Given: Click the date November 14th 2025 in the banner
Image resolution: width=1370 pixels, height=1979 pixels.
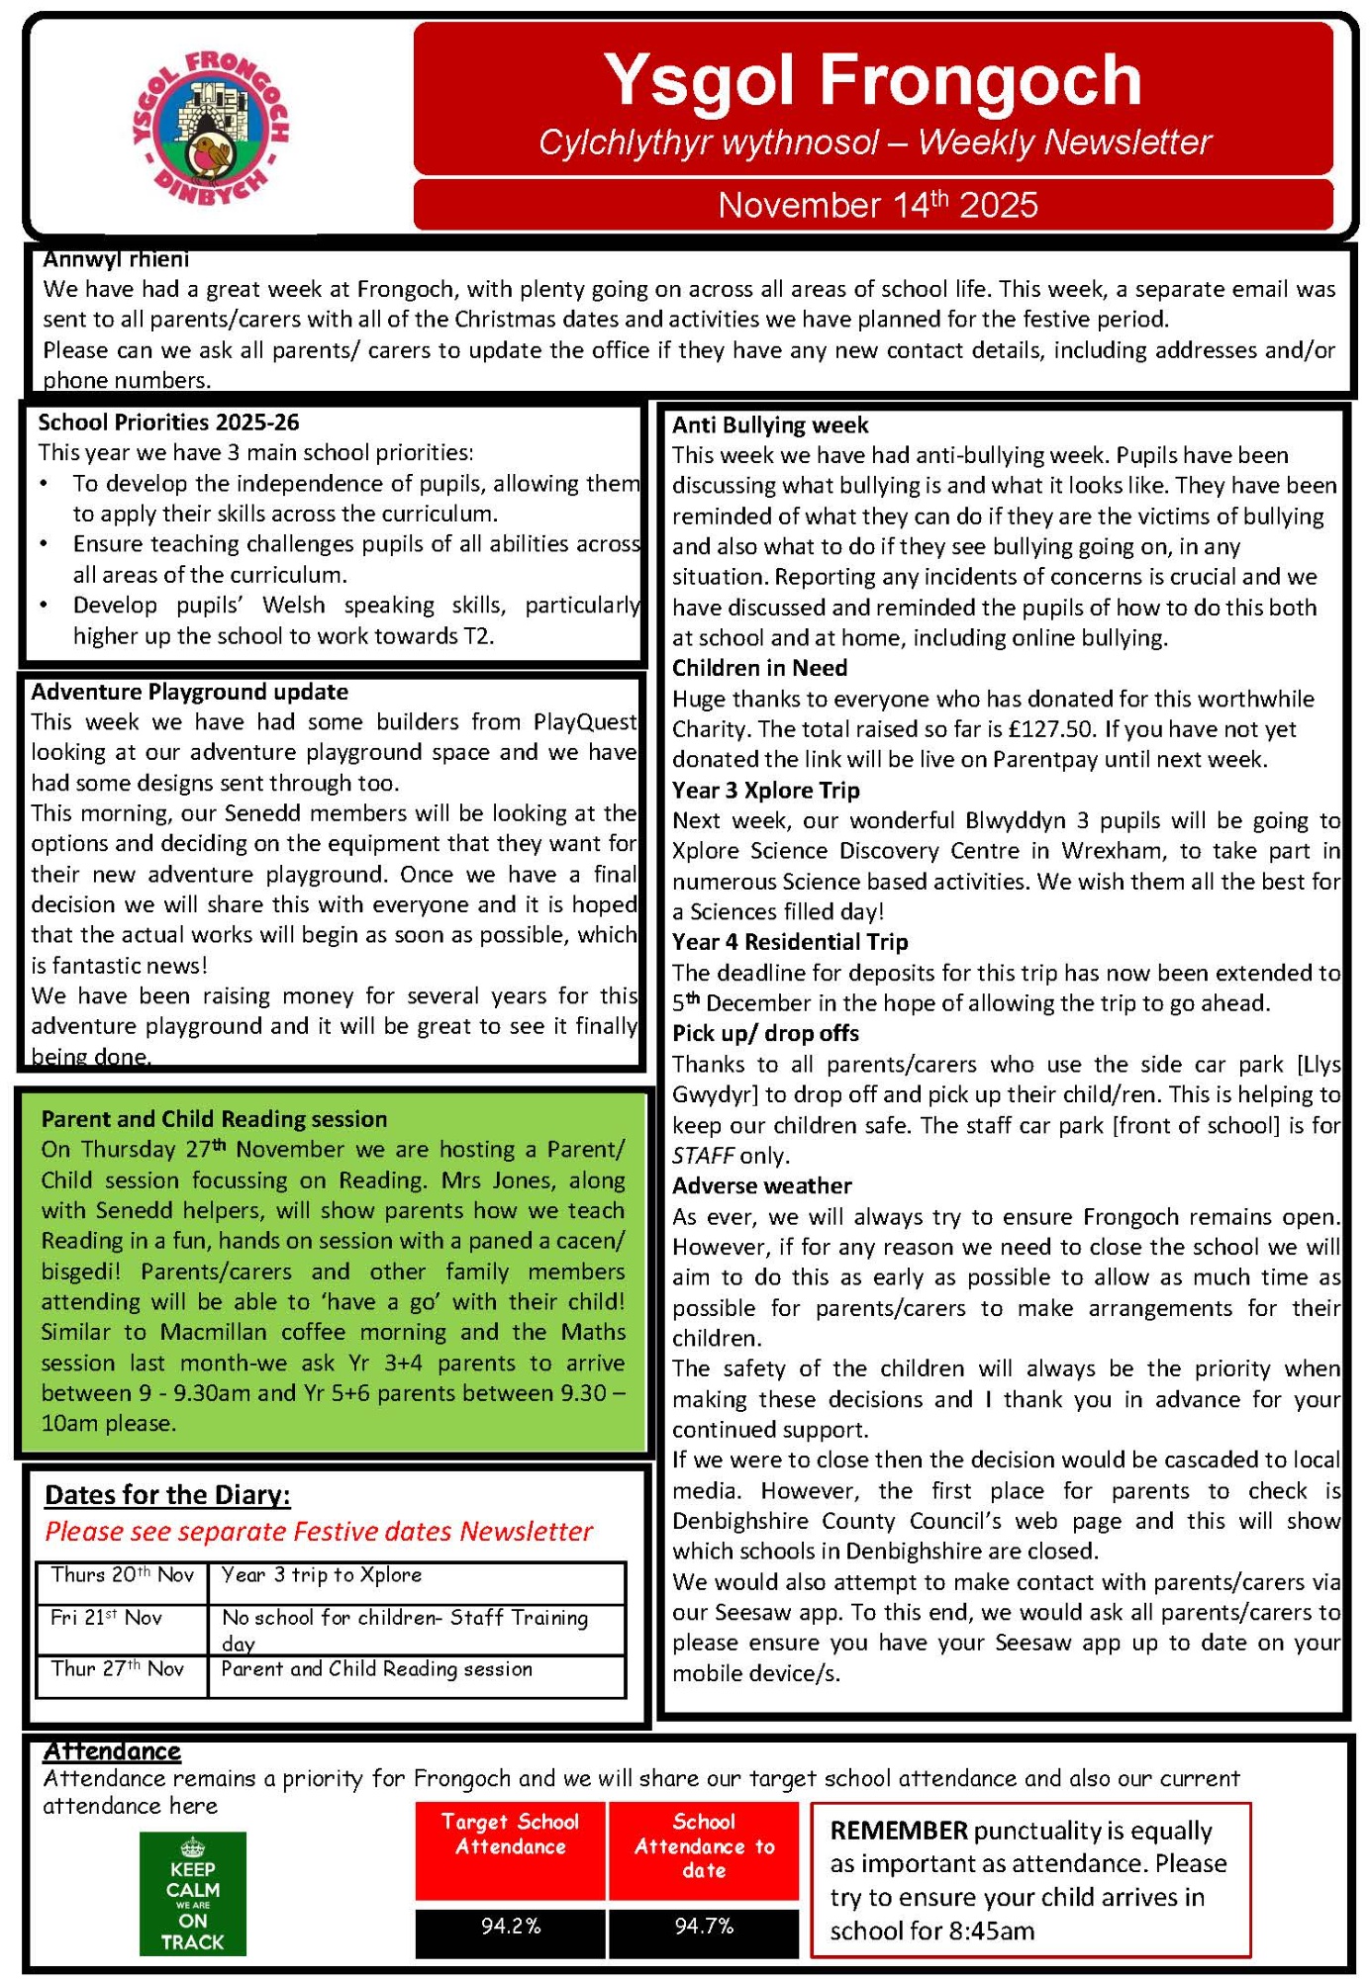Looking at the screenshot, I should pos(877,205).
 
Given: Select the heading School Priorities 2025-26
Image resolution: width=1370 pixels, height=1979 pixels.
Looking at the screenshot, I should pos(168,423).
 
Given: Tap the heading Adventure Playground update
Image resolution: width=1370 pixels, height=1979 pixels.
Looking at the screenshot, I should pos(189,692).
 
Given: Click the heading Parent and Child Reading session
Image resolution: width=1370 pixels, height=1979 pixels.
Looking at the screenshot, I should pos(214,1119).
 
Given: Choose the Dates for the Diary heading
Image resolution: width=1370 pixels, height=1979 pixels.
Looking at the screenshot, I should pos(167,1494).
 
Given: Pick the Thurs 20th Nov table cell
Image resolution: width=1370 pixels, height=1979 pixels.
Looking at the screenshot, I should pos(122,1575).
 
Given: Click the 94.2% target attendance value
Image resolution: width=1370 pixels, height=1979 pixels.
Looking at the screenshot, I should pos(511,1926).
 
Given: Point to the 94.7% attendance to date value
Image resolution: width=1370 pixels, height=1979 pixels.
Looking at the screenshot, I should pos(704,1926).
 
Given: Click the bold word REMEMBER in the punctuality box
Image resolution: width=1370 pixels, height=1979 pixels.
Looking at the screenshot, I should pos(899,1831).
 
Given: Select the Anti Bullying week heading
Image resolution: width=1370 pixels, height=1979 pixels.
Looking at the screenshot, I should pos(770,425).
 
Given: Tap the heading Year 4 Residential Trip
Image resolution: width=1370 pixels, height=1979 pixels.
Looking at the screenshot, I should pos(790,942).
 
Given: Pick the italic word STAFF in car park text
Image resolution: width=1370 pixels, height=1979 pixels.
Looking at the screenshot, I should pos(703,1156).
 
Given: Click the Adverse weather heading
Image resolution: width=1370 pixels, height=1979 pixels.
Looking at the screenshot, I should pos(762,1185).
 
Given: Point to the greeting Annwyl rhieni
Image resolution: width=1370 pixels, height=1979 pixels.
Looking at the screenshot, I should pos(116,259).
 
